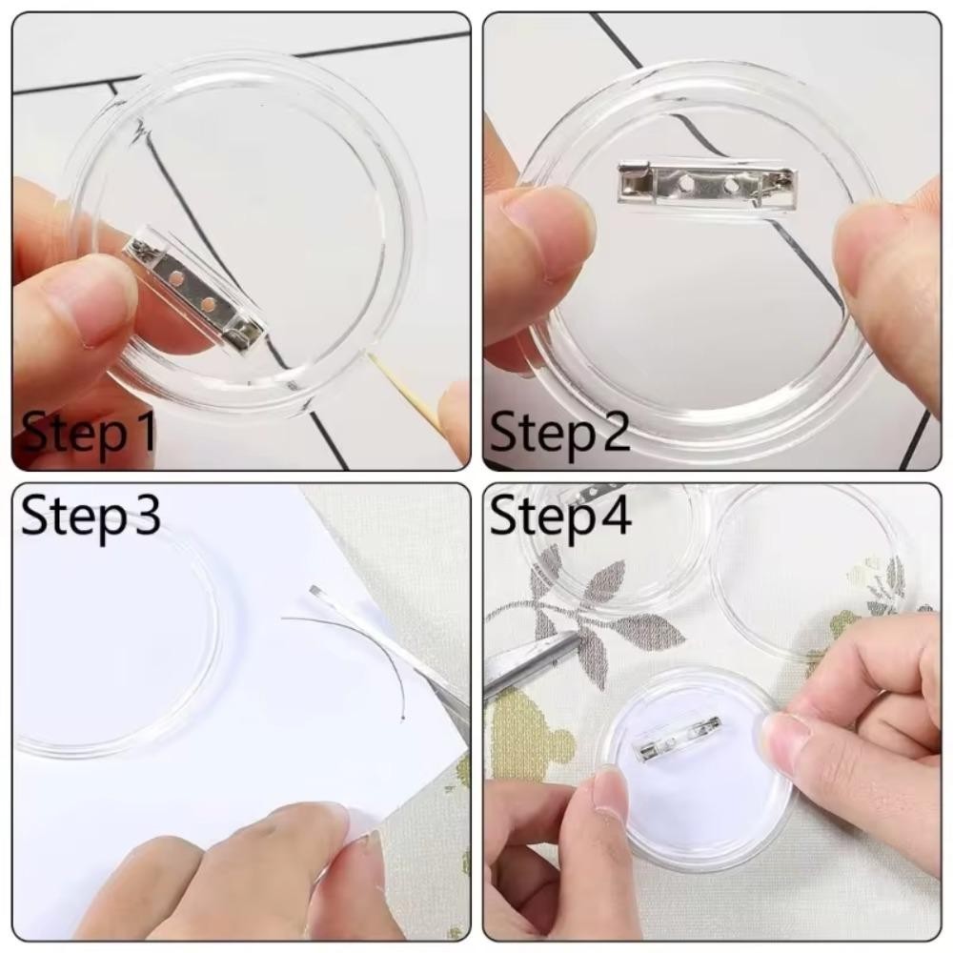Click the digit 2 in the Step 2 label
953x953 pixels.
click(x=612, y=431)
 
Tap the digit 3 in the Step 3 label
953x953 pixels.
click(x=146, y=516)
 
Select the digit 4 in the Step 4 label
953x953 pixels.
click(x=615, y=515)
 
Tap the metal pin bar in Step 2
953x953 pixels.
click(x=706, y=180)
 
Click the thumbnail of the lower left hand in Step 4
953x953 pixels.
click(x=610, y=791)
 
